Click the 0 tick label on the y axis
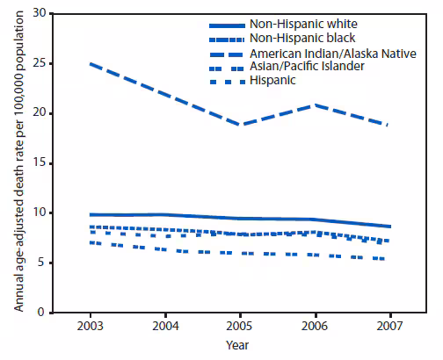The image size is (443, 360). click(x=40, y=313)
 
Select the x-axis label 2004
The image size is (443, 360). click(x=167, y=328)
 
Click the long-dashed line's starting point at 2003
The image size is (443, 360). click(x=92, y=64)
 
